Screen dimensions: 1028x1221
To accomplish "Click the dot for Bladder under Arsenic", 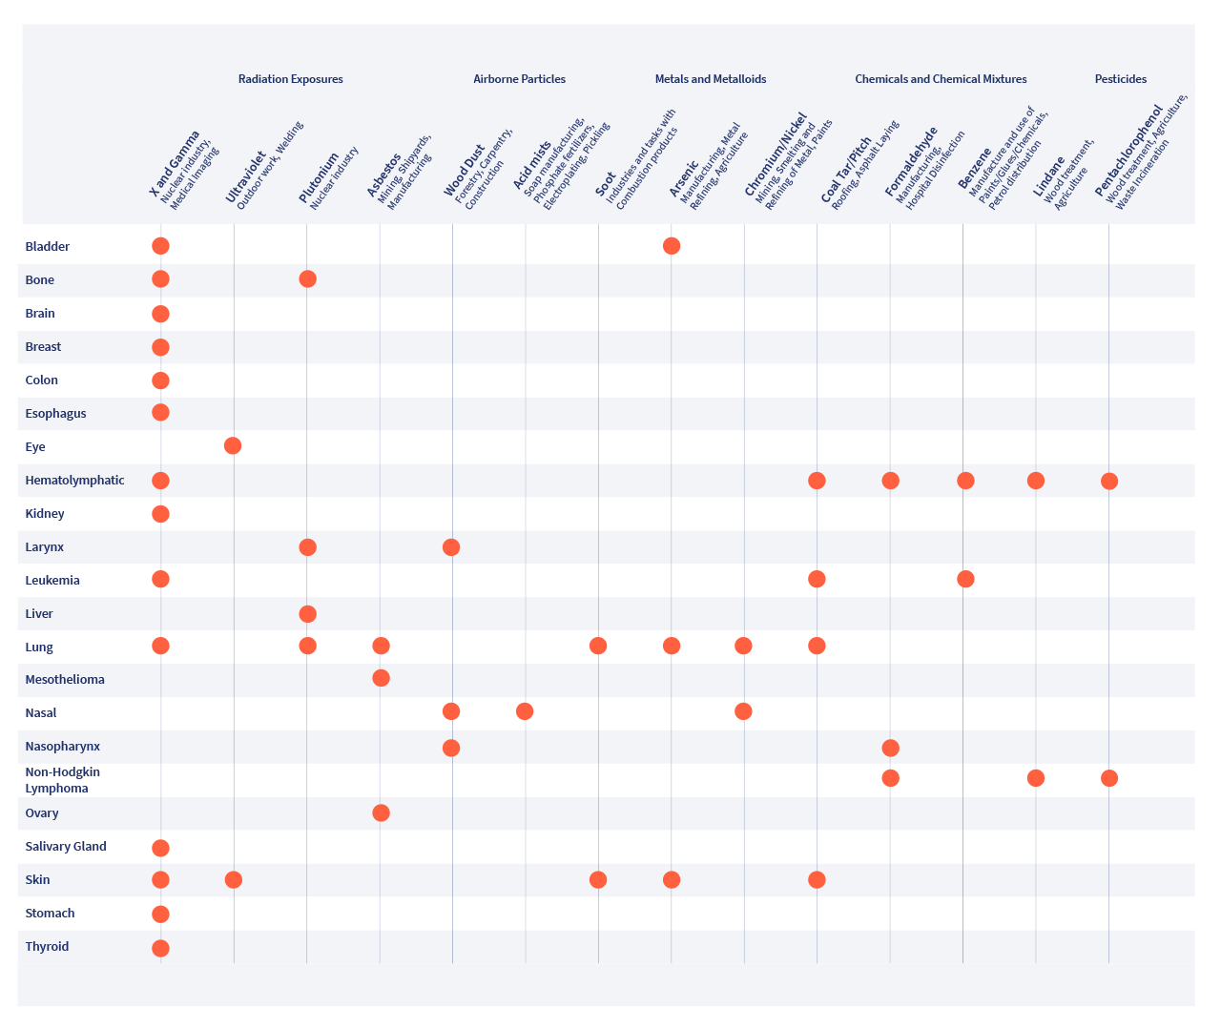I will click(672, 246).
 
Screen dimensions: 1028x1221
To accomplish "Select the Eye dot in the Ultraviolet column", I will click(233, 445).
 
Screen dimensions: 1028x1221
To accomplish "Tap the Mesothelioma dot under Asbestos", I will click(381, 678).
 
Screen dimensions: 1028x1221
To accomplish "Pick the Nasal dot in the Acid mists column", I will click(525, 711).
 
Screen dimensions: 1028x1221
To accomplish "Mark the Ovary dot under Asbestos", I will click(381, 812).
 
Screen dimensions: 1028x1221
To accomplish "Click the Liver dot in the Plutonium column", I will click(307, 614).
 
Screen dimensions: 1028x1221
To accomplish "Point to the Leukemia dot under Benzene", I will click(965, 579).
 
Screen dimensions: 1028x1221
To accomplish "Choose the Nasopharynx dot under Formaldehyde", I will click(890, 748).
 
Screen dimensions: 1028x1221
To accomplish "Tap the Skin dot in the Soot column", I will click(598, 879).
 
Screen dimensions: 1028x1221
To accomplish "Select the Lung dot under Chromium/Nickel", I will click(744, 646).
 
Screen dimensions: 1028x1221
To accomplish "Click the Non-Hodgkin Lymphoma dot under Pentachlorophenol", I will click(1109, 778).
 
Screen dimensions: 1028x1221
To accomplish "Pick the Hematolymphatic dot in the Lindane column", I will click(1036, 480).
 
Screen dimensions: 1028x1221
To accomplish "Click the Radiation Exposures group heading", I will click(290, 79).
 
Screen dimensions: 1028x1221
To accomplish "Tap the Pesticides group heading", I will click(1121, 79).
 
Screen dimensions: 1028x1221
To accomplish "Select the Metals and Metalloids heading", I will click(711, 79).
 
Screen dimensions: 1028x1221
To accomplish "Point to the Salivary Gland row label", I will click(66, 847).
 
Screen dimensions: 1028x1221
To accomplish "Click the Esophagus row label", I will click(55, 413).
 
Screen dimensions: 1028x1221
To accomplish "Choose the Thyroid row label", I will click(47, 947).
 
